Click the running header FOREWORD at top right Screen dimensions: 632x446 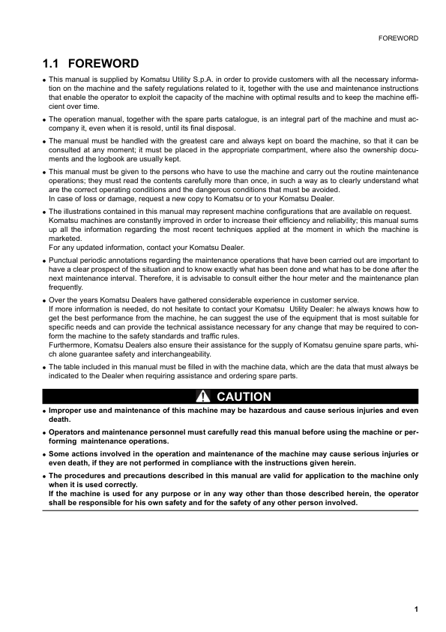coord(398,37)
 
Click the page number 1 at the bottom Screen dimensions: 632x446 coord(415,609)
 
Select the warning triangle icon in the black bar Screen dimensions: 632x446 coord(202,396)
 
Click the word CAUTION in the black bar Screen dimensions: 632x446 coord(244,396)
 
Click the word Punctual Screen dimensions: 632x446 coord(65,260)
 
